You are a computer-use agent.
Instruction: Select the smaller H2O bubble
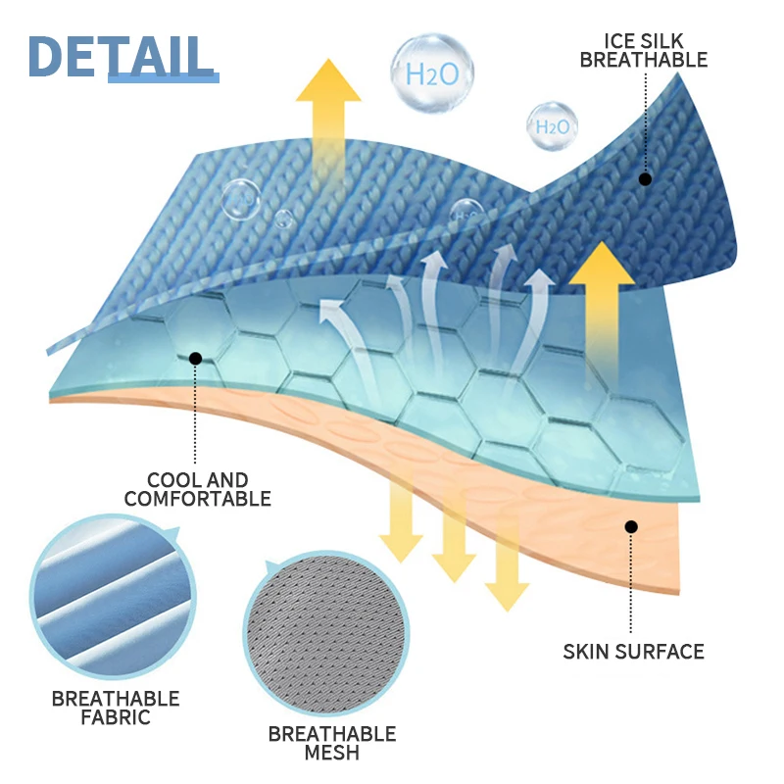[551, 125]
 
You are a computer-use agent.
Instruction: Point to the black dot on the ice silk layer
[645, 178]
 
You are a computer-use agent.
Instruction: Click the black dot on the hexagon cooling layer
[195, 359]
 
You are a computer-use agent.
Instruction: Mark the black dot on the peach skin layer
[631, 527]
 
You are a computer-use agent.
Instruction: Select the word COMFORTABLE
[197, 499]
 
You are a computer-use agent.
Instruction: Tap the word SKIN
[592, 651]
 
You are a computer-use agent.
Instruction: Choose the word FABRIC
[116, 717]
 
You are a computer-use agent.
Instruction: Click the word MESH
[332, 753]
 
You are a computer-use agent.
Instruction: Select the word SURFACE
[664, 651]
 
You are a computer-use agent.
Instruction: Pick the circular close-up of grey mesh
[324, 637]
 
